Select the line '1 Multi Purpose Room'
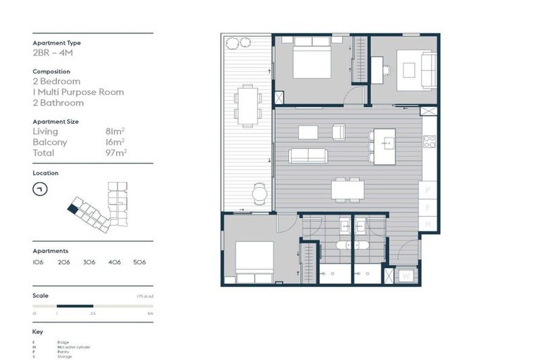[78, 92]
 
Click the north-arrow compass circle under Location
[41, 188]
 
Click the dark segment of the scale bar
[75, 306]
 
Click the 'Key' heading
[38, 331]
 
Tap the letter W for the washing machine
[406, 276]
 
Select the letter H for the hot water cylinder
[428, 224]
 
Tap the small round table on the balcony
[260, 192]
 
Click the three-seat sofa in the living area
[307, 155]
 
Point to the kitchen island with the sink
[385, 146]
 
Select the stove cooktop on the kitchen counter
[430, 141]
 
